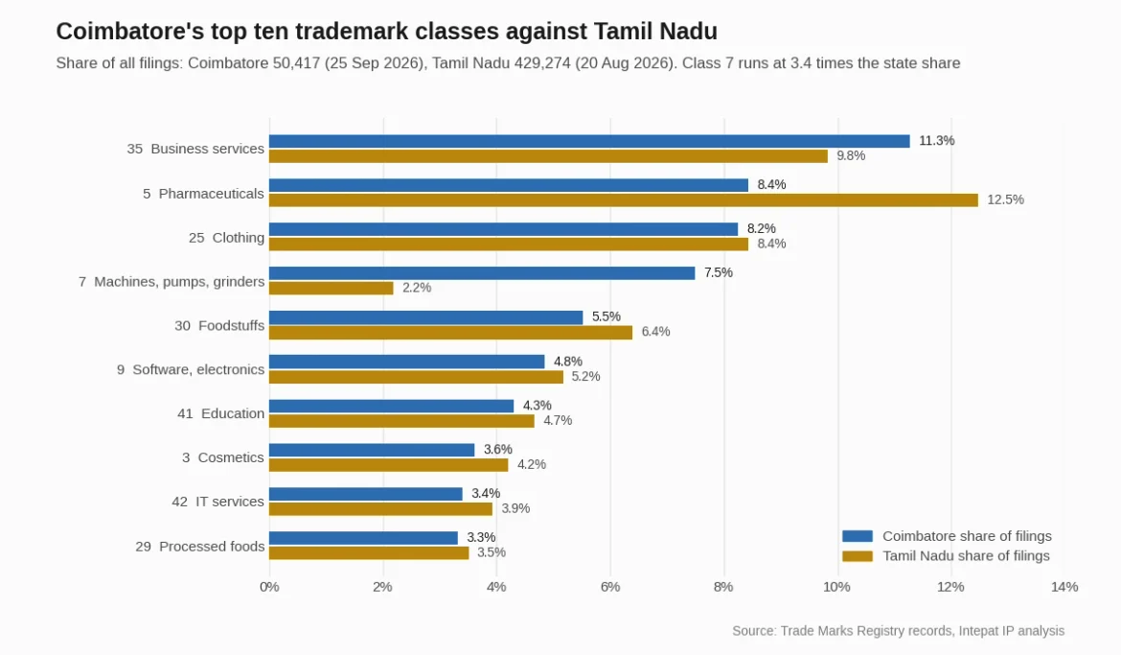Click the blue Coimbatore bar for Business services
point(590,141)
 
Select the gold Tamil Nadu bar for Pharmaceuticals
point(624,199)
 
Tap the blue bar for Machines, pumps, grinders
point(482,272)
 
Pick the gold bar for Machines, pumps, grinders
point(331,288)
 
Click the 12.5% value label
point(1005,199)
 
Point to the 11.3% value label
point(936,141)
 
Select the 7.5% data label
point(719,272)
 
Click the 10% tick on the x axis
point(837,587)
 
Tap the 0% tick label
point(269,587)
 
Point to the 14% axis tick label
point(1064,587)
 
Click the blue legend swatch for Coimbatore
point(858,536)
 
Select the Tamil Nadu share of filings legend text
point(966,556)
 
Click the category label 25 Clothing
point(227,238)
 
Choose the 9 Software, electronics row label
point(191,369)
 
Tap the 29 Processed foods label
point(200,547)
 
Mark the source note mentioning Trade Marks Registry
point(898,631)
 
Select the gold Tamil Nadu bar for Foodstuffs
point(451,332)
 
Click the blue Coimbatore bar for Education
point(392,406)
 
